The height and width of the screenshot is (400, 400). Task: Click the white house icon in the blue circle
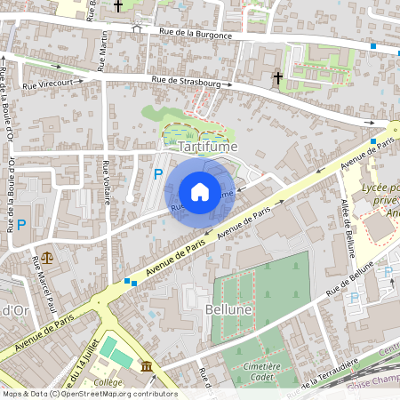click(x=200, y=191)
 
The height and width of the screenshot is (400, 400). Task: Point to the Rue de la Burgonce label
click(x=196, y=35)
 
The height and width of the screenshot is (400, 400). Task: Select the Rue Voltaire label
click(x=106, y=181)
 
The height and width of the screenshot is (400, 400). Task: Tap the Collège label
click(x=108, y=382)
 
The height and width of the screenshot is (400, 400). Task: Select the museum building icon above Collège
click(x=146, y=366)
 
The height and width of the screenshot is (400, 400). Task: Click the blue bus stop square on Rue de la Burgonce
click(x=373, y=46)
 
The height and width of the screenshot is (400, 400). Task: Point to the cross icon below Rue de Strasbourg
click(x=277, y=79)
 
